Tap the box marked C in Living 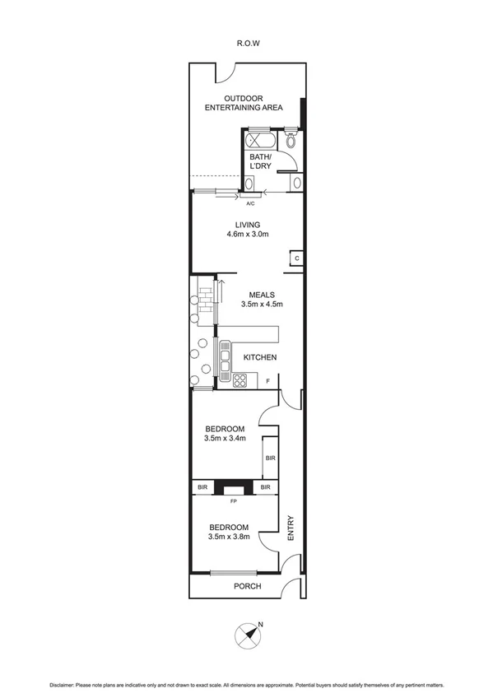pos(296,258)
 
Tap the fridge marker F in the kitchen pos(268,379)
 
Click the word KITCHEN pos(258,357)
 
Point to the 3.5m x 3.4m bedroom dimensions pos(226,439)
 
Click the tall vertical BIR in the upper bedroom pos(269,458)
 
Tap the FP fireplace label pos(233,499)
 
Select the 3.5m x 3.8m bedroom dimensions pos(228,537)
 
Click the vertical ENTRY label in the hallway pos(290,528)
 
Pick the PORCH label pos(247,586)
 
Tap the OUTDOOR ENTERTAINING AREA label pos(244,103)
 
